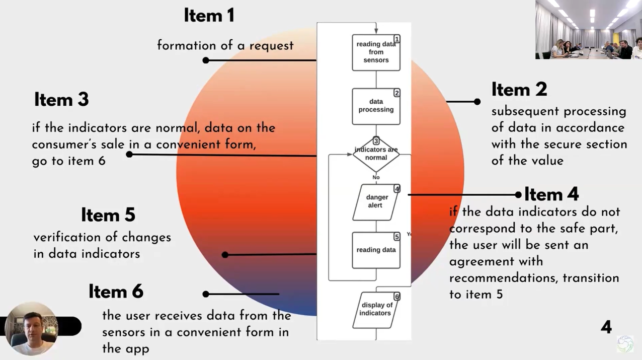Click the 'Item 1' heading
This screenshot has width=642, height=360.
coord(209,16)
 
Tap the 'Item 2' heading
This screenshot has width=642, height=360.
coord(519,90)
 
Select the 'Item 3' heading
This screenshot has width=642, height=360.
coord(61,100)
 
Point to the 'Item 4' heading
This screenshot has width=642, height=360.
coord(551,194)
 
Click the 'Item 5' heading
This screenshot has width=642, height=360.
coord(108,215)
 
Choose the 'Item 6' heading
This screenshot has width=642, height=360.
coord(116,292)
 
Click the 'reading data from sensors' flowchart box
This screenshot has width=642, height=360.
coord(376,52)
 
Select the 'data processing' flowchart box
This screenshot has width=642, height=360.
coord(376,106)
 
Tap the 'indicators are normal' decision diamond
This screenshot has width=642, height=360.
coord(376,154)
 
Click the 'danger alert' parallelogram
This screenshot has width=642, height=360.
coord(375,201)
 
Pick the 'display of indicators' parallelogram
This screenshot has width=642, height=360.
coord(375,309)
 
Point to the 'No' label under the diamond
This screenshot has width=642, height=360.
coord(376,177)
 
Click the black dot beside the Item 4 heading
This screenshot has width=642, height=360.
coord(518,194)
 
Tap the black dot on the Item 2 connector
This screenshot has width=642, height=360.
coord(477,102)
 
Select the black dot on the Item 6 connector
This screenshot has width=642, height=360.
coord(206,294)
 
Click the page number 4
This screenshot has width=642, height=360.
coord(606,327)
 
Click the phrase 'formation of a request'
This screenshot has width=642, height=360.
coord(225,45)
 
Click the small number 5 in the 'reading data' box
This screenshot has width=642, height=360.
coord(396,237)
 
